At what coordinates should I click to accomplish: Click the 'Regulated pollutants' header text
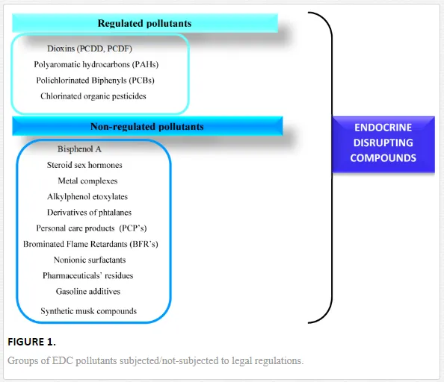click(144, 23)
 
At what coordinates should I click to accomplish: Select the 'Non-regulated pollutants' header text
click(147, 126)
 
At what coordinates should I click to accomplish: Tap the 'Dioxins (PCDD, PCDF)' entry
click(90, 48)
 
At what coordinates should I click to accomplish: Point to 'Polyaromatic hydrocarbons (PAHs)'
click(96, 64)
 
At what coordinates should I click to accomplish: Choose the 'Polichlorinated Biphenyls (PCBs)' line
click(95, 81)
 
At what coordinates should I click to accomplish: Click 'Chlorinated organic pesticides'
click(93, 96)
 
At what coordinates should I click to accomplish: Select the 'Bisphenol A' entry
click(79, 149)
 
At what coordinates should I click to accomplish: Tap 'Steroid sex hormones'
click(84, 165)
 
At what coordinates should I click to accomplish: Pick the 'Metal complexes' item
click(87, 181)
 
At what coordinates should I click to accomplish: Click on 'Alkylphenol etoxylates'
click(87, 196)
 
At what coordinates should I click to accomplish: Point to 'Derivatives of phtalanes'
click(89, 212)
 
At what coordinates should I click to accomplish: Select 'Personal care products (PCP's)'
click(91, 228)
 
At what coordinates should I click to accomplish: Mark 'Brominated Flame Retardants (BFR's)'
click(90, 244)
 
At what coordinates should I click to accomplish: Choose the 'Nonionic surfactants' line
click(90, 260)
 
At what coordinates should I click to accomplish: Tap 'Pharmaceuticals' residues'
click(87, 275)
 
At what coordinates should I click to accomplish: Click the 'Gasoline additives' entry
click(88, 291)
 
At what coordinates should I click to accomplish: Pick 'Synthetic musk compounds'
click(89, 311)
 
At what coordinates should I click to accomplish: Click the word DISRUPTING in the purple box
click(383, 143)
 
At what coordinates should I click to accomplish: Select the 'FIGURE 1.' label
click(31, 342)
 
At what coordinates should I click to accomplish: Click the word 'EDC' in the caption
click(63, 361)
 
